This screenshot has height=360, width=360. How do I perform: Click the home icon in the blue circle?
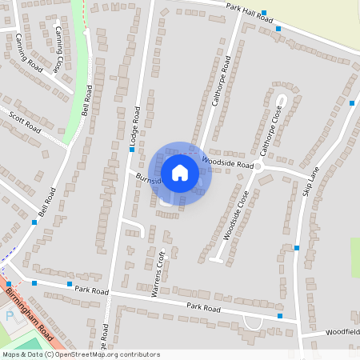[x=180, y=173]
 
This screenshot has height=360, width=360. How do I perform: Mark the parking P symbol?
[x=10, y=317]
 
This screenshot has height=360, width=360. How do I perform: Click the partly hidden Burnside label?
[x=149, y=178]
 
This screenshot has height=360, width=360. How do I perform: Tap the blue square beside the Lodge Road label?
[x=132, y=150]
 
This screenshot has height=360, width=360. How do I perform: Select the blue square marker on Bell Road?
[x=34, y=222]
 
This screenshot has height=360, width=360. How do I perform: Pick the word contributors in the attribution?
[x=138, y=354]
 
